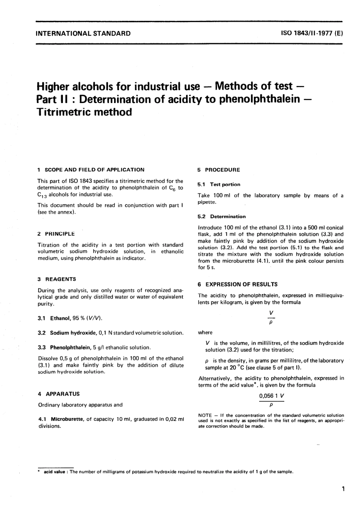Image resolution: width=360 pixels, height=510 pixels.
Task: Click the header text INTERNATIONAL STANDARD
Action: point(83,33)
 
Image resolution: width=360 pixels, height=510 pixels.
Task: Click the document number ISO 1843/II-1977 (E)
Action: point(311,33)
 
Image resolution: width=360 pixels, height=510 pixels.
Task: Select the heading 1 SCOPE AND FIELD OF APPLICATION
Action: point(91,170)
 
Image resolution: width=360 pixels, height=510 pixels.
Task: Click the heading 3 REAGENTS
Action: point(57,279)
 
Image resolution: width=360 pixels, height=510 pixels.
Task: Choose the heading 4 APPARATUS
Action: point(59,394)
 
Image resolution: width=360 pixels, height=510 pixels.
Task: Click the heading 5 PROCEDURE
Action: point(219,170)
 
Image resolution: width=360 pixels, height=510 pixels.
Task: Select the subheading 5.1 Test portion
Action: point(219,185)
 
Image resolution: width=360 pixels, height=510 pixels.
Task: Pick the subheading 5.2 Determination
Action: point(222,217)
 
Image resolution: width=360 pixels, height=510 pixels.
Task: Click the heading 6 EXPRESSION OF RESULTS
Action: point(238,284)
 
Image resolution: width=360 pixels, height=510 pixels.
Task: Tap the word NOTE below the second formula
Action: point(205,415)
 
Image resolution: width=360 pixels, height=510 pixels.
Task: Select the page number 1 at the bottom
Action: point(343,489)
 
